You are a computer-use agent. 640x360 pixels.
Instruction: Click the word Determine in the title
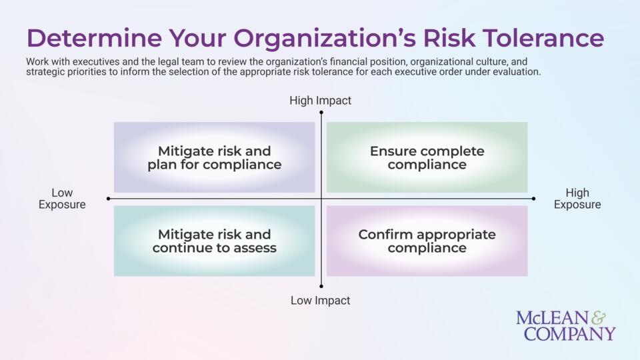click(x=94, y=38)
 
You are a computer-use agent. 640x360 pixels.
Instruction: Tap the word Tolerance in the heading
click(x=543, y=38)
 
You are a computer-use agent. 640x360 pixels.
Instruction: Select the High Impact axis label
click(x=321, y=101)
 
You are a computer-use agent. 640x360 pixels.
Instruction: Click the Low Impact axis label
click(x=321, y=301)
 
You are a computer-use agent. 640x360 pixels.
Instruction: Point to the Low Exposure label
click(x=62, y=199)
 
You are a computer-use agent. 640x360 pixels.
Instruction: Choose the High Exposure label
click(x=577, y=199)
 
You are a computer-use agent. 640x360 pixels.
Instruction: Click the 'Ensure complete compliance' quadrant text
click(x=427, y=157)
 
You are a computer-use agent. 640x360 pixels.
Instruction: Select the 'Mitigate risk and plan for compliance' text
click(x=214, y=157)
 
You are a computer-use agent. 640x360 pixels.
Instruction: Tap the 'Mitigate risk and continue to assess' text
click(x=214, y=241)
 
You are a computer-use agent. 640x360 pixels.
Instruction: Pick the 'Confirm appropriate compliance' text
click(x=427, y=241)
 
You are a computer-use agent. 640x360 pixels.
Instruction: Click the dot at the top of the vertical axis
click(x=321, y=112)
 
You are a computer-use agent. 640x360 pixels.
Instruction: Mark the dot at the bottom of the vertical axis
click(x=321, y=286)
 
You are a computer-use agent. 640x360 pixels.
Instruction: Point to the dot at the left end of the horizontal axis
click(x=108, y=199)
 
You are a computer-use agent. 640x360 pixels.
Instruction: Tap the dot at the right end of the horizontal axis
click(x=533, y=199)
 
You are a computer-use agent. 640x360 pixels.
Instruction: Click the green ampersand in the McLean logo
click(x=599, y=317)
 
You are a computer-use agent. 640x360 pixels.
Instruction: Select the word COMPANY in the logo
click(x=569, y=333)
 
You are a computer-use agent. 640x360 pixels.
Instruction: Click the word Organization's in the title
click(x=325, y=38)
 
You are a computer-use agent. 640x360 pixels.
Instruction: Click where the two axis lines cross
click(x=321, y=199)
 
